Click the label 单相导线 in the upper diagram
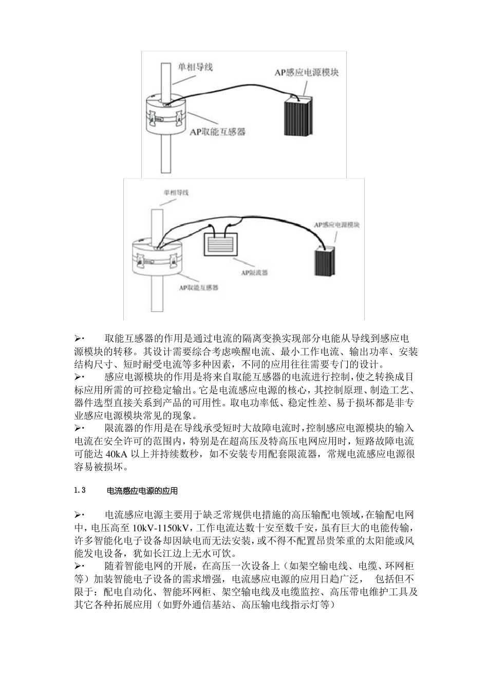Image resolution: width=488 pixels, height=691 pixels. [195, 67]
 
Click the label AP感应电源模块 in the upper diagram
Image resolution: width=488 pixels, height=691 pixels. [306, 72]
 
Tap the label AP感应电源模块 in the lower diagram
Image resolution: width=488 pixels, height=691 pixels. [337, 225]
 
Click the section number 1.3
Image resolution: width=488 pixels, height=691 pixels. [79, 490]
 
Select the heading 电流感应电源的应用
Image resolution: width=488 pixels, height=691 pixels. [142, 491]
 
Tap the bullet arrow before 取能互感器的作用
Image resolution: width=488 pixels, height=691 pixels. [79, 339]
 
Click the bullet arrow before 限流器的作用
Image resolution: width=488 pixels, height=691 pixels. [79, 428]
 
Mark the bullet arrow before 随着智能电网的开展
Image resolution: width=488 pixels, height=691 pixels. [79, 567]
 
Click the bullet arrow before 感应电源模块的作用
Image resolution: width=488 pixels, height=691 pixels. [79, 377]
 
